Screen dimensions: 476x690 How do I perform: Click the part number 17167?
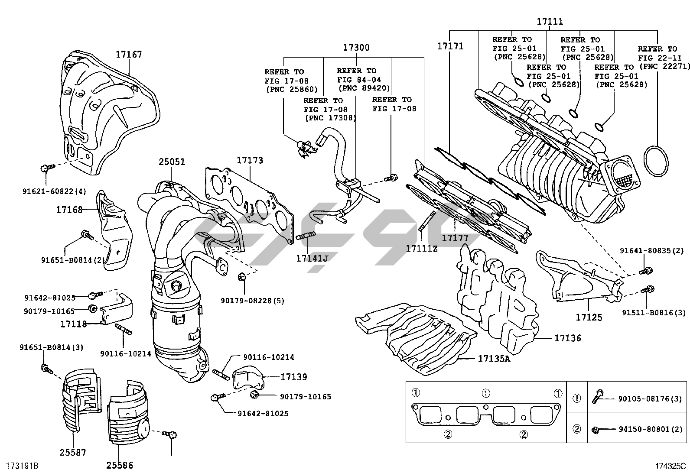pyautogui.click(x=129, y=55)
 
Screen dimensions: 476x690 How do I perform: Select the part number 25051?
pyautogui.click(x=172, y=162)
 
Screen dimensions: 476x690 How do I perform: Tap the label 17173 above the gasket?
pyautogui.click(x=250, y=160)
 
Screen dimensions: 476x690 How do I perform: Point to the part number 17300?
pyautogui.click(x=356, y=47)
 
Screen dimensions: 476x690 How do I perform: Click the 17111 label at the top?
pyautogui.click(x=550, y=21)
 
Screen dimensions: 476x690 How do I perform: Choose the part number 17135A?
pyautogui.click(x=494, y=358)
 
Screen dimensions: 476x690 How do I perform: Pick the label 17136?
pyautogui.click(x=568, y=338)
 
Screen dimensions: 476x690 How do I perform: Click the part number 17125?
pyautogui.click(x=589, y=317)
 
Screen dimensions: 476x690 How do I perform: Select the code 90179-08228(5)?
pyautogui.click(x=252, y=301)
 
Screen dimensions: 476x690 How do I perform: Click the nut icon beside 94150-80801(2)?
pyautogui.click(x=596, y=430)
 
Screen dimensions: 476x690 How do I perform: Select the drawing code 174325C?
pyautogui.click(x=670, y=466)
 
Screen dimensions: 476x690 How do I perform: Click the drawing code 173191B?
pyautogui.click(x=22, y=466)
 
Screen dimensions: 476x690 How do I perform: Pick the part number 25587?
pyautogui.click(x=73, y=453)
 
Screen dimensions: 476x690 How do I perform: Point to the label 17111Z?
pyautogui.click(x=421, y=249)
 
